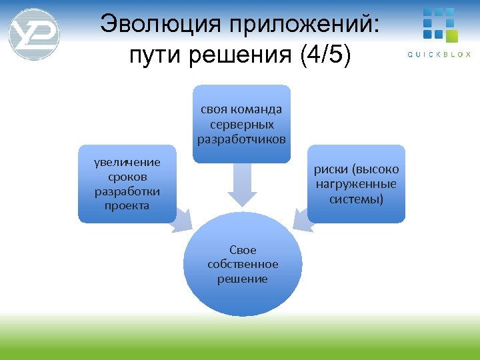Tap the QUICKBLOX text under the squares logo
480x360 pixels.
[x=439, y=54]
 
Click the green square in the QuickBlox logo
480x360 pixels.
[x=452, y=35]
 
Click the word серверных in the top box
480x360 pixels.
[x=241, y=124]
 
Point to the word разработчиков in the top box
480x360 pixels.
[x=241, y=139]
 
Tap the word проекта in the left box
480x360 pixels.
[x=127, y=205]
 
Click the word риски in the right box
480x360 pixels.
[x=333, y=169]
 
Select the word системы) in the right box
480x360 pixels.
[x=356, y=199]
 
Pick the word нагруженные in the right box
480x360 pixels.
[x=356, y=184]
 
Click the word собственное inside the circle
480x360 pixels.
[x=243, y=265]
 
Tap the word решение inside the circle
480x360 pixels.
[x=243, y=279]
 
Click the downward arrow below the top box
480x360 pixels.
[x=242, y=186]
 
